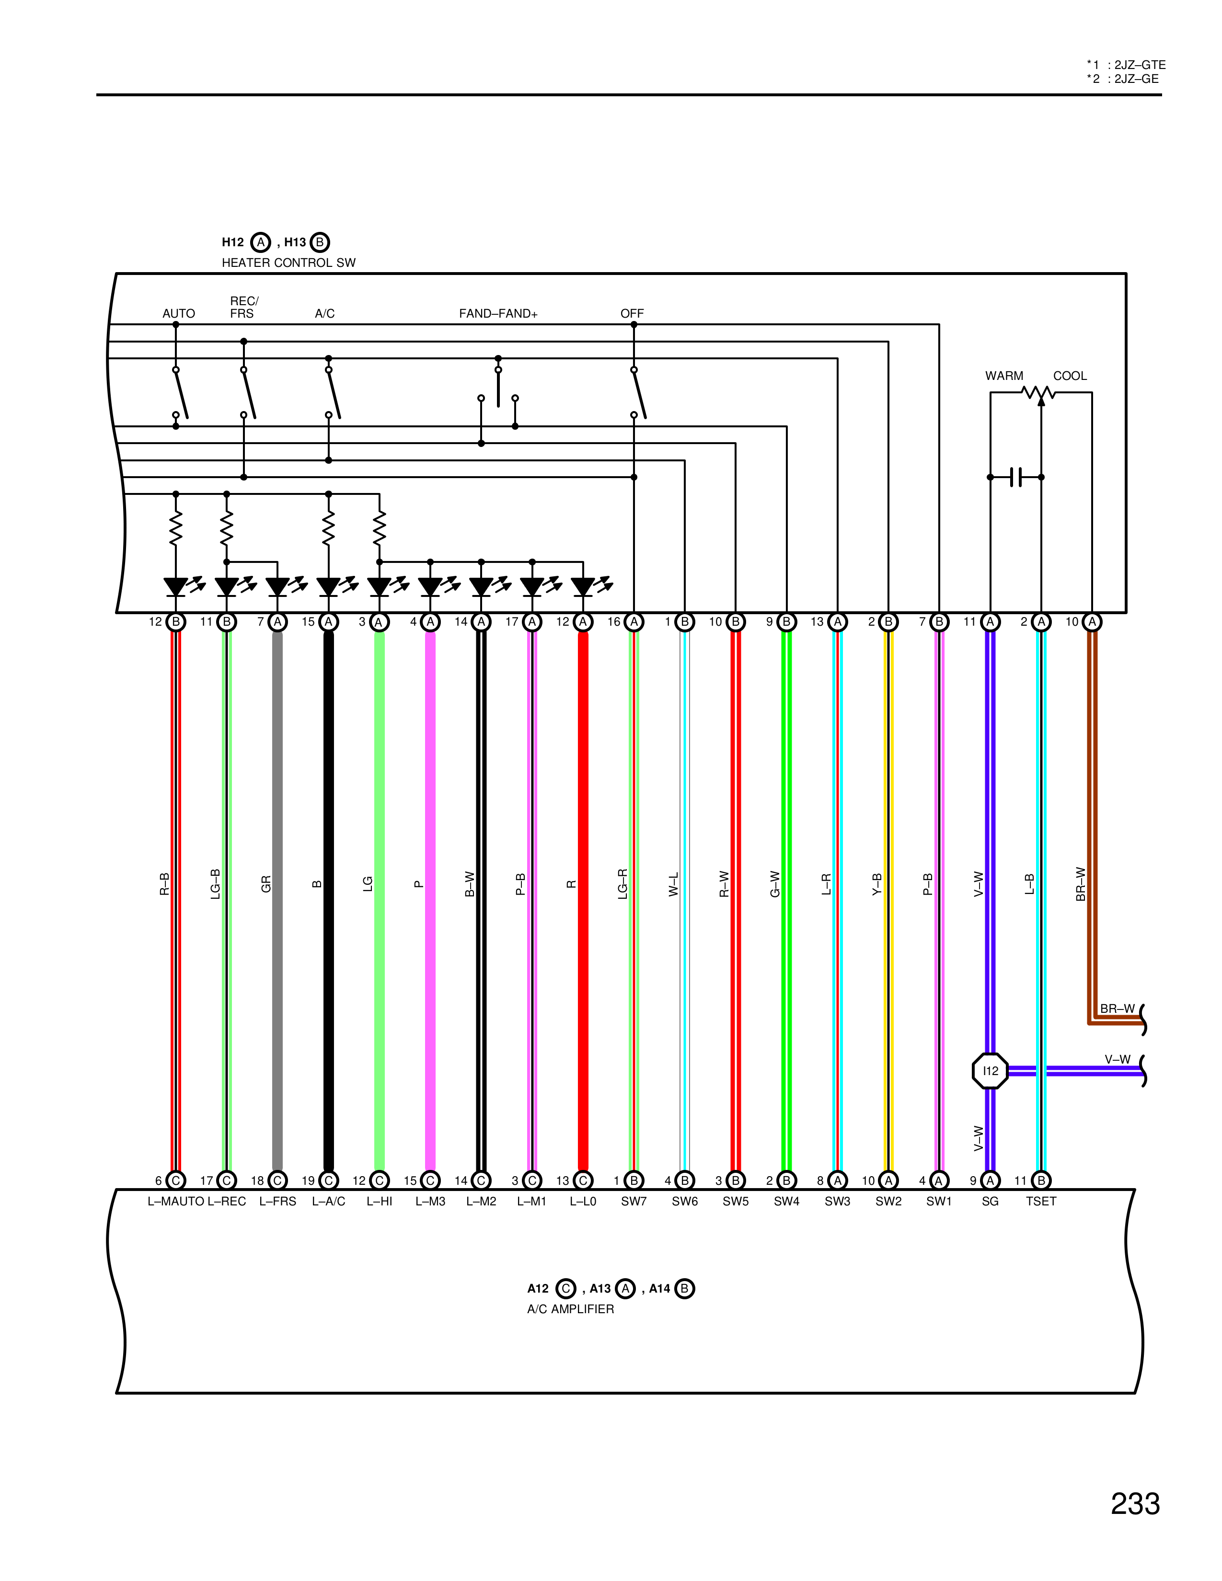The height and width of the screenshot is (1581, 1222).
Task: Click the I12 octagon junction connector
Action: tap(990, 1071)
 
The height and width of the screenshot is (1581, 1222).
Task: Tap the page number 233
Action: tap(1135, 1503)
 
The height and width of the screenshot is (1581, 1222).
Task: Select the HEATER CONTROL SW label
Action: tap(288, 263)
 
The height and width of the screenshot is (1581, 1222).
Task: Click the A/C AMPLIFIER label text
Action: tap(570, 1309)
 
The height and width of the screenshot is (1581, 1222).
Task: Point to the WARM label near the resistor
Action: tap(1004, 376)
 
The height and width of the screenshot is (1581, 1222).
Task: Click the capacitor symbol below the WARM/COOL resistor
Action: tap(1015, 477)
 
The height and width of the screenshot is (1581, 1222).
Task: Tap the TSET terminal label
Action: tap(1041, 1201)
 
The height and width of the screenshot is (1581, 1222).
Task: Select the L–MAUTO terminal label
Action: tap(176, 1201)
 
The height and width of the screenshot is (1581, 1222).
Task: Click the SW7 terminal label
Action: tap(634, 1201)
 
